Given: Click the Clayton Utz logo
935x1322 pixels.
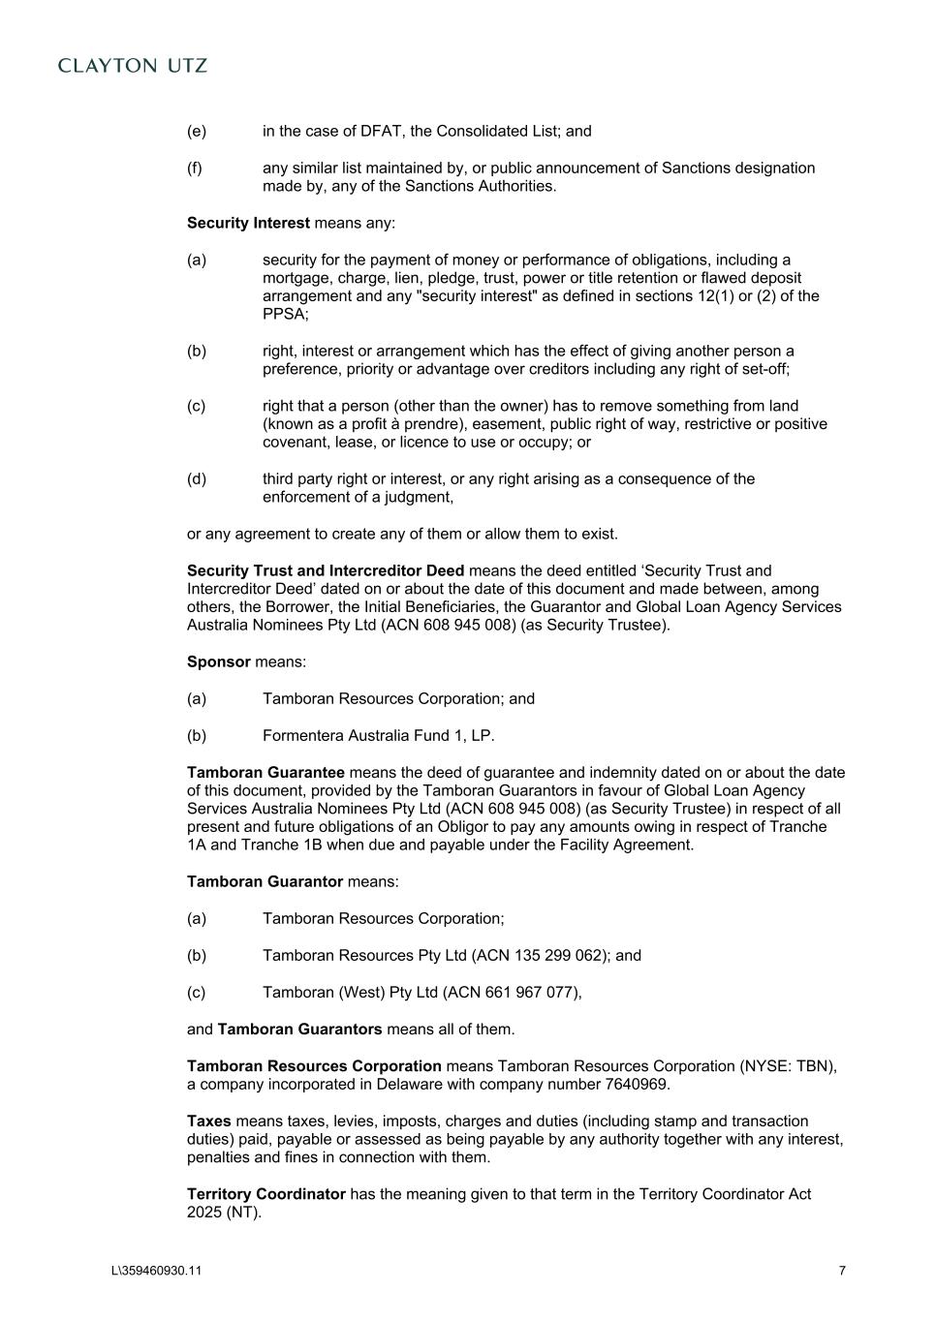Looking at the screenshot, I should [x=133, y=66].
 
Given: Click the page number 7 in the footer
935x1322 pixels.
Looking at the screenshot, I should [x=842, y=1271].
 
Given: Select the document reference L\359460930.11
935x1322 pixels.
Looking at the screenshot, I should [x=157, y=1271].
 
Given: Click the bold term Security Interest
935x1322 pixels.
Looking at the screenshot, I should [x=248, y=223].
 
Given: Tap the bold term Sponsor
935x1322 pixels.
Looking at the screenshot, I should [x=219, y=661].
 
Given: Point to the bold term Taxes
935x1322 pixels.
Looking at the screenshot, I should [x=209, y=1121].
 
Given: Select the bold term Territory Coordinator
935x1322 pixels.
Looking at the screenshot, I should [x=266, y=1194].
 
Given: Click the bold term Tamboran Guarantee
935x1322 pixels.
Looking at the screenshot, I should [x=265, y=772].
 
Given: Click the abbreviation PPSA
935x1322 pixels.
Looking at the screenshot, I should [x=283, y=314].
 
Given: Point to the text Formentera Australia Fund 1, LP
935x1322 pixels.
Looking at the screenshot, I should [x=378, y=735].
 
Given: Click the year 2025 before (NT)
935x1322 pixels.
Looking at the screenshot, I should [x=204, y=1212].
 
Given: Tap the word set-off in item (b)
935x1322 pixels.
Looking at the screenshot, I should [x=763, y=369].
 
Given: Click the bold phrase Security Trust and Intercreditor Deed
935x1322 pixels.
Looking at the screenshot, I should [x=326, y=570].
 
